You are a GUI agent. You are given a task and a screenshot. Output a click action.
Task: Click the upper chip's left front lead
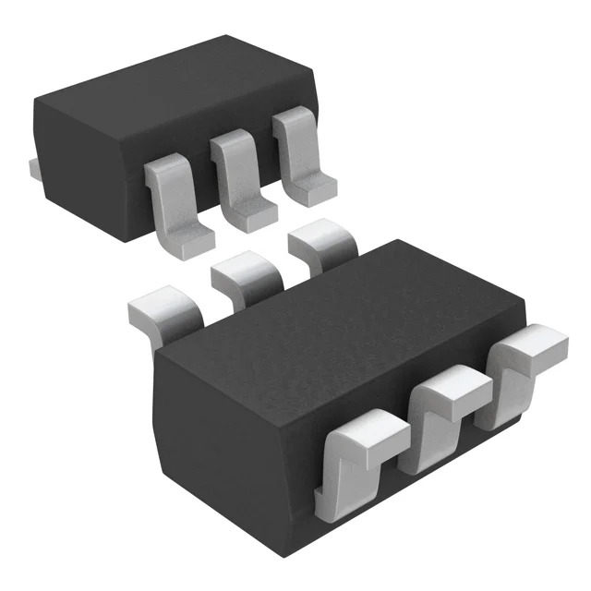[173, 199]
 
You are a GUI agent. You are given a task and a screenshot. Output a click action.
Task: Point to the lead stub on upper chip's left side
[30, 167]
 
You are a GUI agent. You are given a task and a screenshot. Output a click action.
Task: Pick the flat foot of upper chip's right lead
[309, 189]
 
